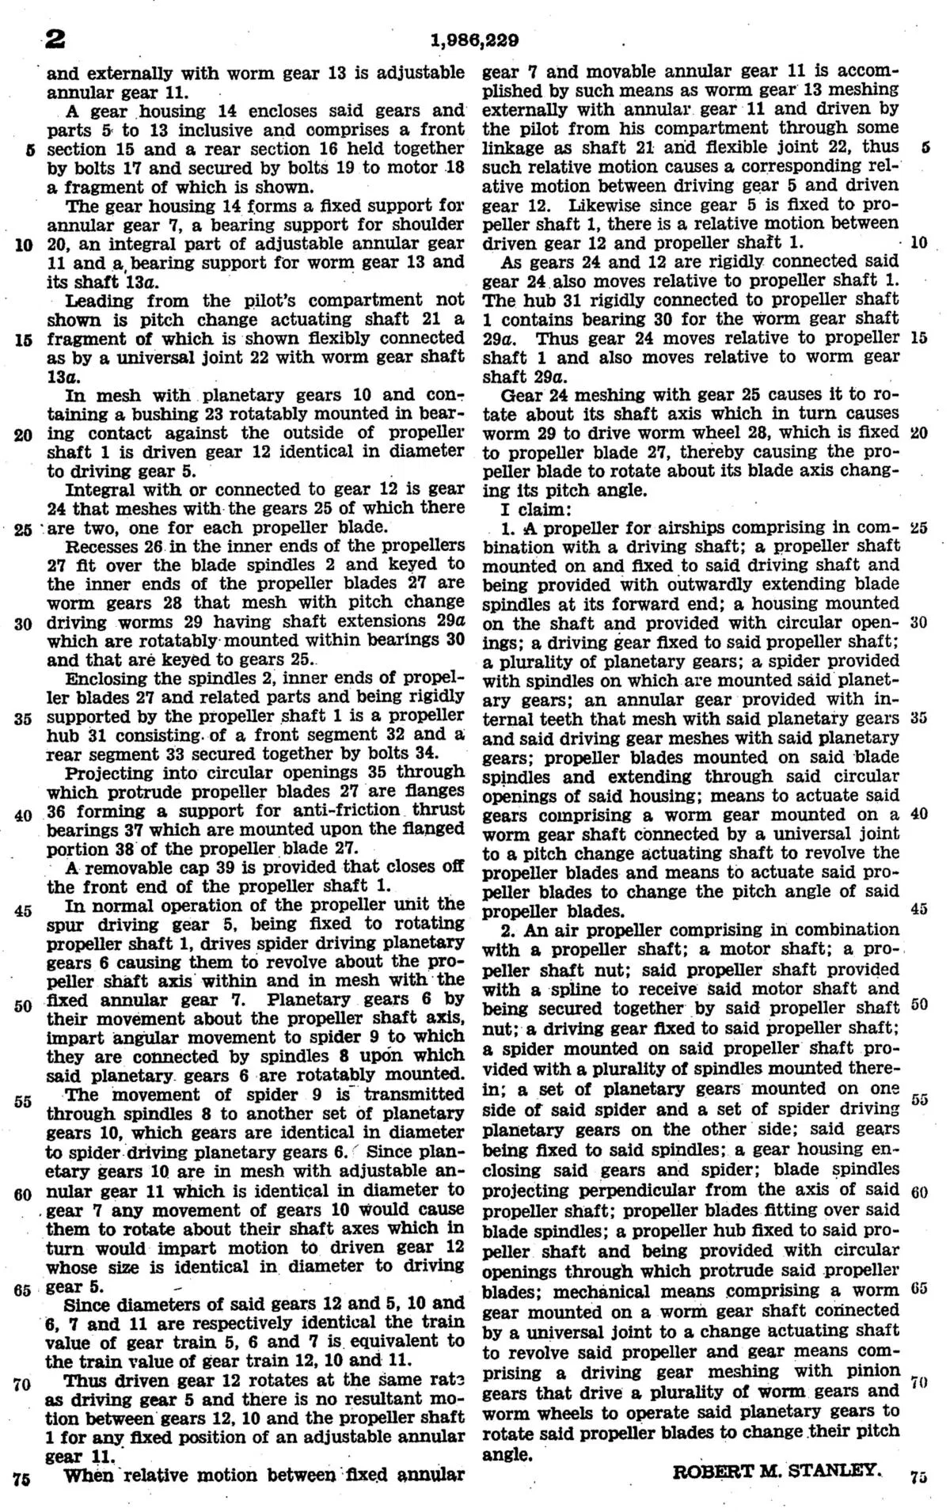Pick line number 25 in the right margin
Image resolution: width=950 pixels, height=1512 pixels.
pyautogui.click(x=919, y=526)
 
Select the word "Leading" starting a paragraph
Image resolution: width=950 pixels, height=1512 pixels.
pyautogui.click(x=96, y=300)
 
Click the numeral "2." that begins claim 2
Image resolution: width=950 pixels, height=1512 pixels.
pyautogui.click(x=510, y=931)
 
